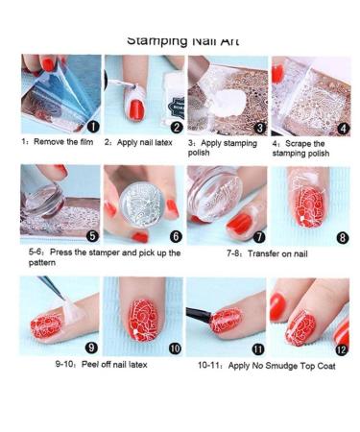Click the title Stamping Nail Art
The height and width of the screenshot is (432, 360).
click(x=182, y=40)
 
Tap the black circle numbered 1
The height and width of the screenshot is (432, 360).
click(x=91, y=125)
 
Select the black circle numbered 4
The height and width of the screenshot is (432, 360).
click(x=343, y=125)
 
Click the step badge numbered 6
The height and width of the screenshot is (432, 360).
click(x=175, y=235)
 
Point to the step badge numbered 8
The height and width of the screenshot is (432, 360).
click(x=343, y=234)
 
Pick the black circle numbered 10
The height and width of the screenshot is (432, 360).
click(x=175, y=348)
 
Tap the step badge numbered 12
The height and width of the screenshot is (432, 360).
click(x=342, y=348)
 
